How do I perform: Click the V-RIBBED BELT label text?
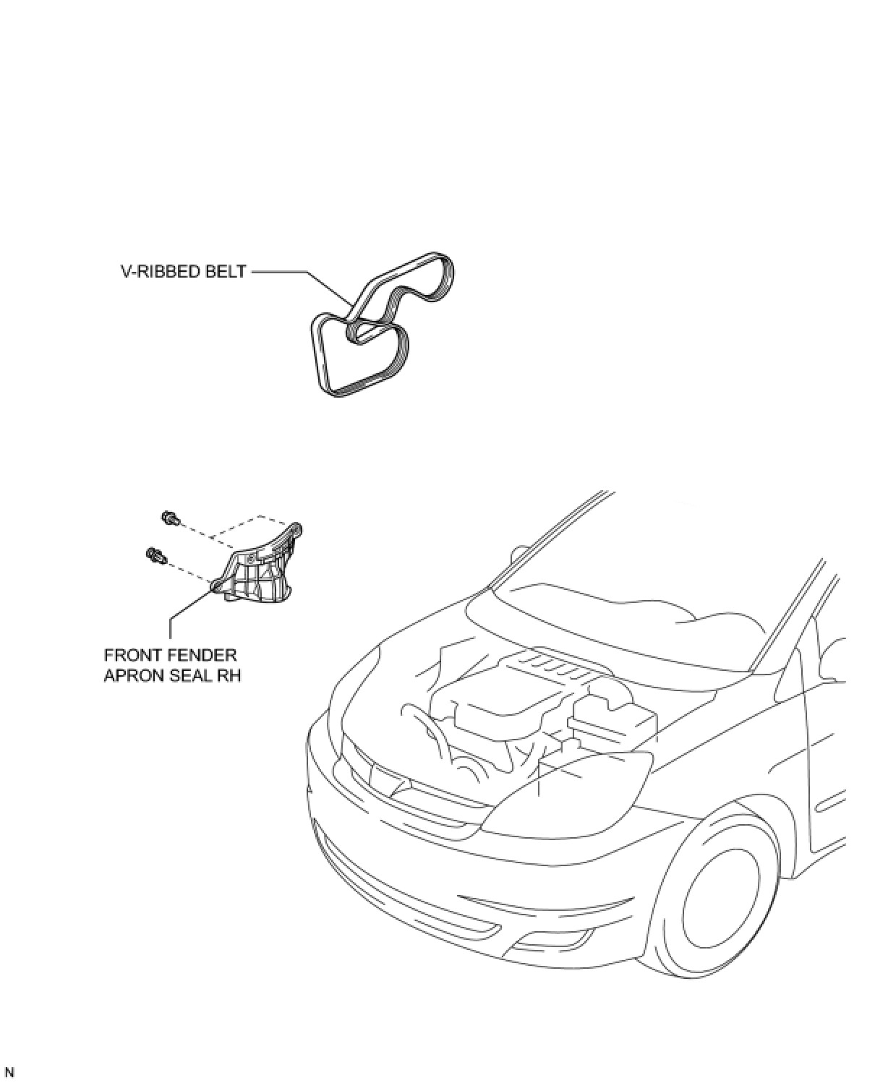183,273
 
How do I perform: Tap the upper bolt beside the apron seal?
169,518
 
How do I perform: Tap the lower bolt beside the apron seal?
155,555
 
